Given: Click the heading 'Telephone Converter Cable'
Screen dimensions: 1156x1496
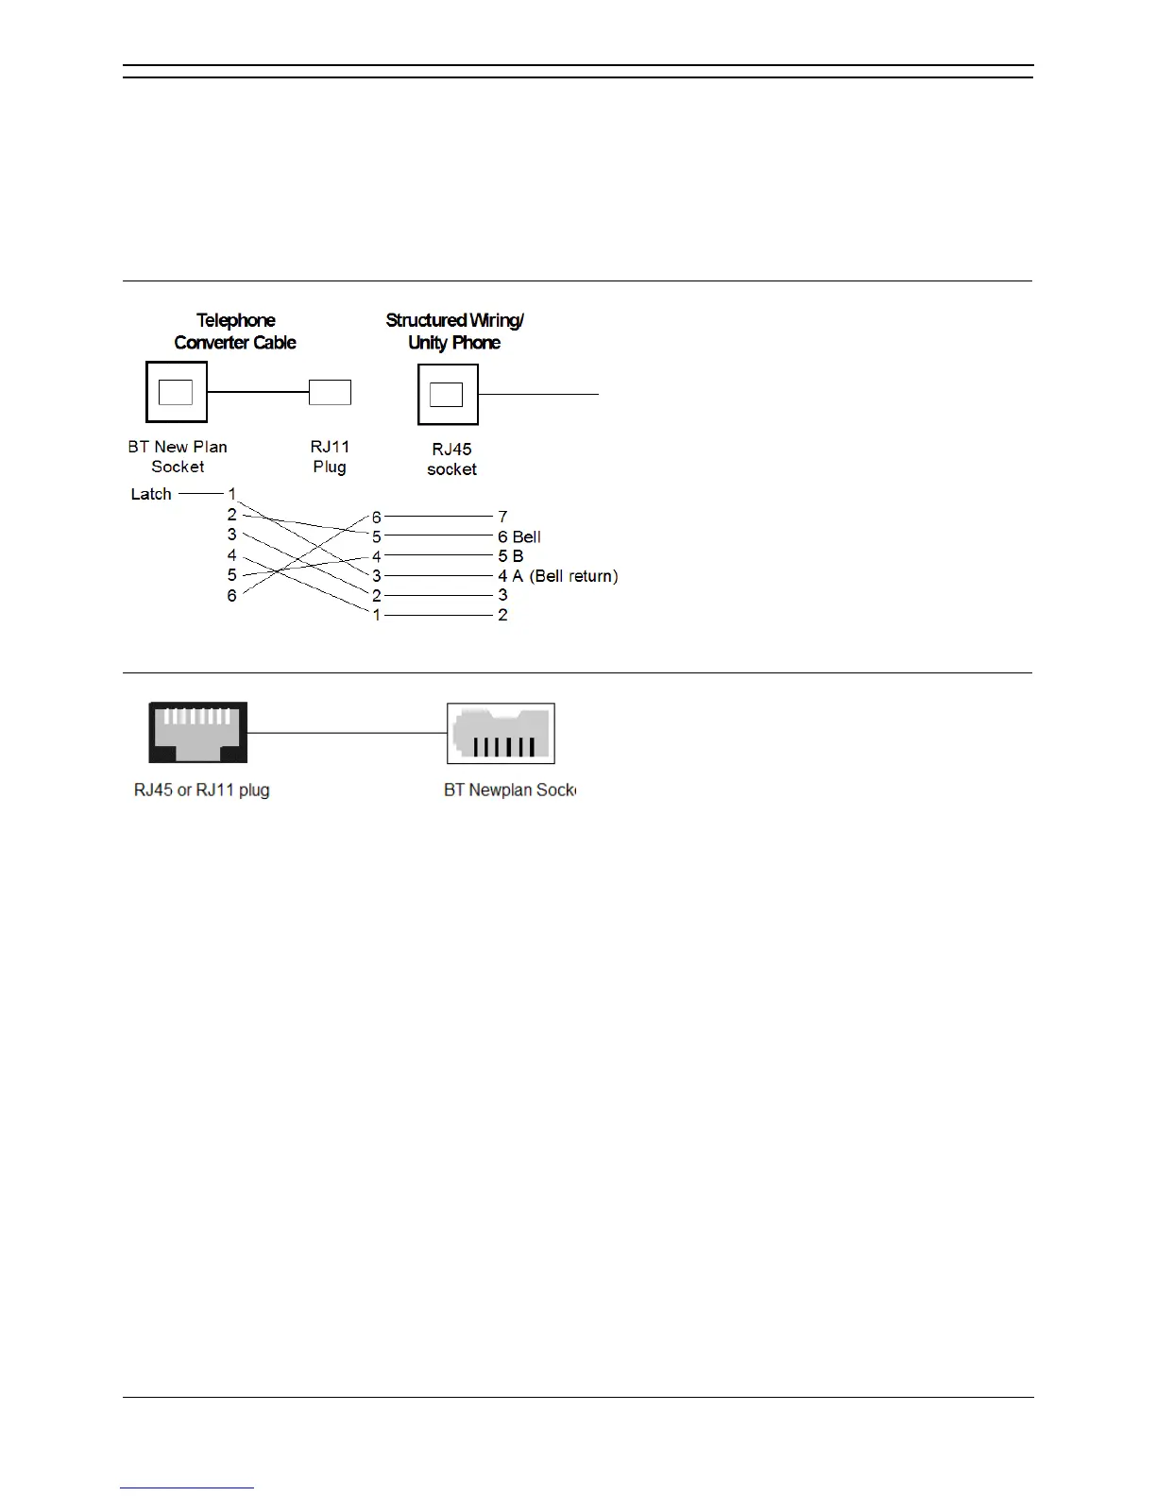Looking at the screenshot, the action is (x=235, y=331).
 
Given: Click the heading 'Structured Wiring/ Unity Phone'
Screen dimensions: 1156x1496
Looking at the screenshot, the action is (x=454, y=331).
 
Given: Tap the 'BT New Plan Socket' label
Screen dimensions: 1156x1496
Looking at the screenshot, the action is (x=178, y=456).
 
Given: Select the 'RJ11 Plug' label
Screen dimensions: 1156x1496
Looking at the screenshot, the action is (x=330, y=456).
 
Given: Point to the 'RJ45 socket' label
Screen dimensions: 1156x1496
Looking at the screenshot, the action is (x=451, y=459).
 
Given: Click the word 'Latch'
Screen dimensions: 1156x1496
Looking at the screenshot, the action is (x=151, y=494).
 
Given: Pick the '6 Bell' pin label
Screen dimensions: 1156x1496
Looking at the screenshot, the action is (x=519, y=536).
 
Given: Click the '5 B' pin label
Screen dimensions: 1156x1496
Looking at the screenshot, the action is (x=510, y=556).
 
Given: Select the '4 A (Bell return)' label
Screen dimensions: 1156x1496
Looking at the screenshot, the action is (x=557, y=576).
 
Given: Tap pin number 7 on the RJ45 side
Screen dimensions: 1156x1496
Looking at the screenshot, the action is (x=502, y=517).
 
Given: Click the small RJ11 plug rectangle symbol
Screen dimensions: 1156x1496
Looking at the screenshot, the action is (x=330, y=392).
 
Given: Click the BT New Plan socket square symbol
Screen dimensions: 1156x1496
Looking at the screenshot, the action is (x=177, y=392).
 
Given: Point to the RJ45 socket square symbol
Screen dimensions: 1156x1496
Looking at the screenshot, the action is (x=448, y=395).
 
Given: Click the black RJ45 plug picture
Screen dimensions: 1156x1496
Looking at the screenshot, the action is (x=197, y=732).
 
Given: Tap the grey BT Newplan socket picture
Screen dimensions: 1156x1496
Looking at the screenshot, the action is (x=501, y=733).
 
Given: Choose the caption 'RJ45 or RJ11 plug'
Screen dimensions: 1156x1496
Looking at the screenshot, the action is (x=201, y=790).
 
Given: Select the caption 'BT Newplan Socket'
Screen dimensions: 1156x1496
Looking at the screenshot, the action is (x=509, y=790).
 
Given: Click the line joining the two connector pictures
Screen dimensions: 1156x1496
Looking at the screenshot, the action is (x=347, y=733).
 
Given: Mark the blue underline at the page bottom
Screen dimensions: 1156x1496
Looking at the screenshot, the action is (x=187, y=1487).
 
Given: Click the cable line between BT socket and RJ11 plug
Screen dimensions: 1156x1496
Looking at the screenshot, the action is (x=258, y=392).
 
